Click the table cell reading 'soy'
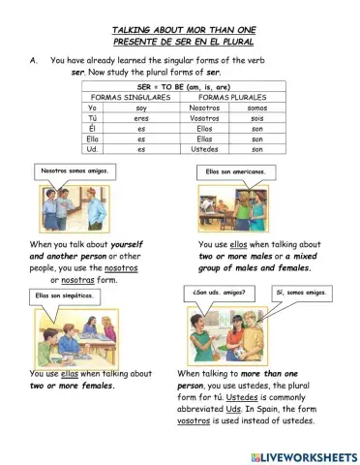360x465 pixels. pos(141,108)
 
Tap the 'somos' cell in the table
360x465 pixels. pos(256,108)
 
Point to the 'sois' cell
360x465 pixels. pos(256,119)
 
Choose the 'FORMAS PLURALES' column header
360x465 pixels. pos(228,98)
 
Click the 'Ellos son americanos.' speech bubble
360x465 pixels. pos(234,171)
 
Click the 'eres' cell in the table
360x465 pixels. pos(141,119)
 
